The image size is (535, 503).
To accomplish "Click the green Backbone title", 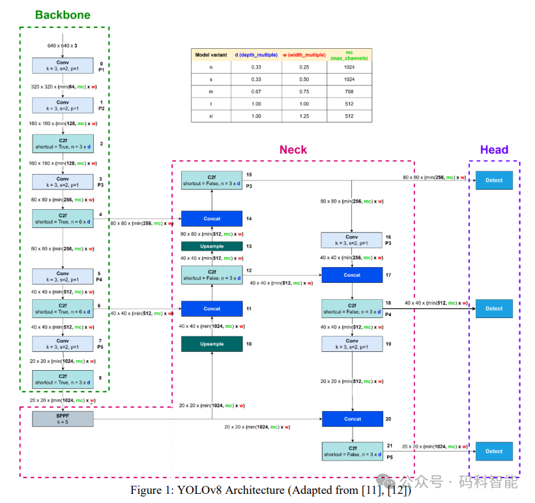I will click(63, 14).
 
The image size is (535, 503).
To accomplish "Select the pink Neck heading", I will click(293, 150).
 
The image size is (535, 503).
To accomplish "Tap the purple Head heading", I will click(494, 150).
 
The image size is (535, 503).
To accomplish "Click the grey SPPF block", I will click(63, 418).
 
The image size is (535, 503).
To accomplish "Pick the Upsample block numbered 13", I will click(212, 246).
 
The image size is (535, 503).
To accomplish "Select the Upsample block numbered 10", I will click(212, 343).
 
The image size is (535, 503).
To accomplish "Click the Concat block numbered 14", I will click(212, 219).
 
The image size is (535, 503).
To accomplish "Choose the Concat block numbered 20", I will click(352, 419).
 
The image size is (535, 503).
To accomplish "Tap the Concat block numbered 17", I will click(352, 275).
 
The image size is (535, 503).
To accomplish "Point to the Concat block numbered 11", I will click(212, 308).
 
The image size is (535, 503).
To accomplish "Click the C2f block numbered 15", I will click(212, 180).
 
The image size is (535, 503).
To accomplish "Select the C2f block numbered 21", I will click(352, 451).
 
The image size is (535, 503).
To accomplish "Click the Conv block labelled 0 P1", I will click(63, 66).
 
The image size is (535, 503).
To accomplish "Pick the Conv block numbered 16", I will click(352, 240).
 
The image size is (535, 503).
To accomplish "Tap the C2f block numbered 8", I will click(63, 379).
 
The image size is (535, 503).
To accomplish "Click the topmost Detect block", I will click(494, 180).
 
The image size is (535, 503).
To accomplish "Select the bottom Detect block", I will click(494, 451).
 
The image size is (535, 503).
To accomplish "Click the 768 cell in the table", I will click(350, 91).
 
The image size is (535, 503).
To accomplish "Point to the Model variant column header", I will click(210, 55).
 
